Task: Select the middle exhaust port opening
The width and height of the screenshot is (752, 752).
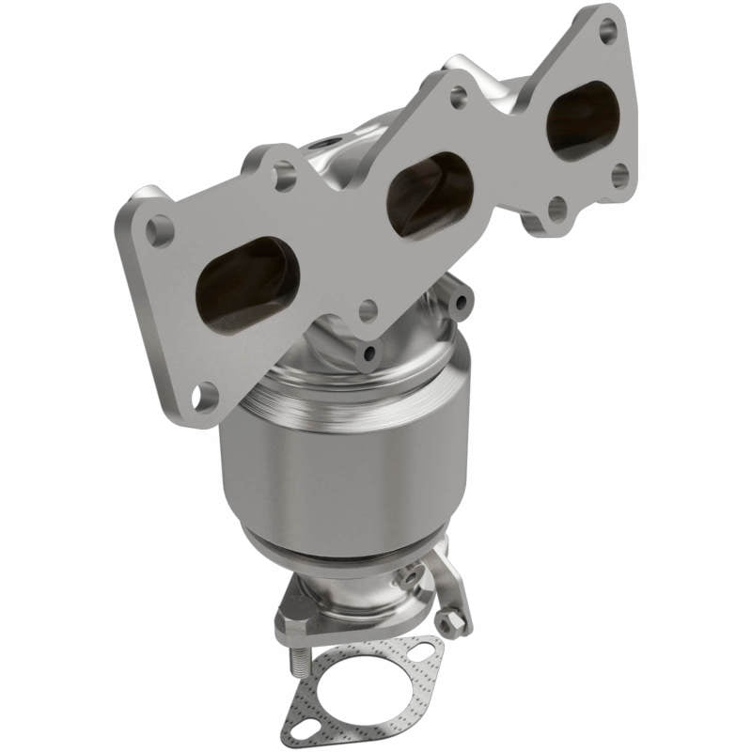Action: [x=430, y=196]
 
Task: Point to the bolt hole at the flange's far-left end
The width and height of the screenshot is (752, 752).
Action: [x=161, y=229]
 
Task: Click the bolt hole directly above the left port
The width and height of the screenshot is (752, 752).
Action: [x=283, y=175]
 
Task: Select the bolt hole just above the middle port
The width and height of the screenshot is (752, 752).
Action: [x=458, y=96]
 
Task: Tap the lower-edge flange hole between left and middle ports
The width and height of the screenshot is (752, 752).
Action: [x=368, y=309]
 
